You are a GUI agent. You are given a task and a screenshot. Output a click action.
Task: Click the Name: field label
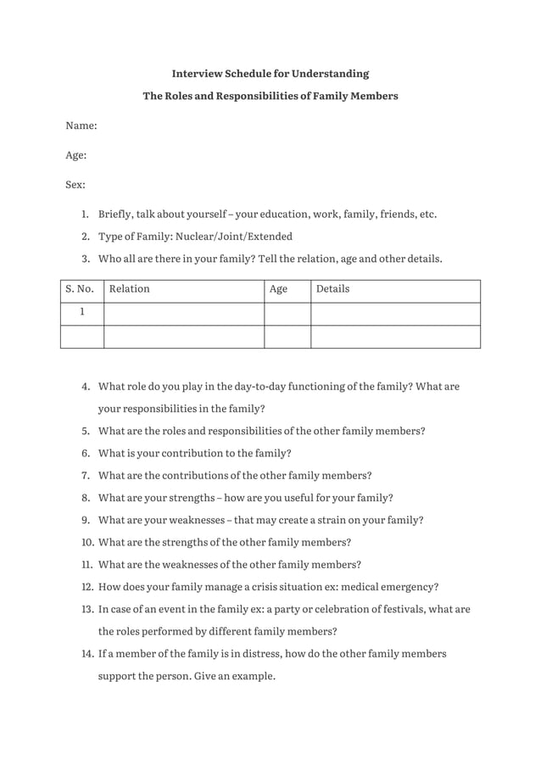coord(81,126)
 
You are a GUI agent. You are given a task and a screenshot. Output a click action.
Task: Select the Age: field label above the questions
coord(76,155)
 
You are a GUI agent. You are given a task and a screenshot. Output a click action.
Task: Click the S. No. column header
coord(80,289)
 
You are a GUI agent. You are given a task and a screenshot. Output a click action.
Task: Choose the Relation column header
coord(130,289)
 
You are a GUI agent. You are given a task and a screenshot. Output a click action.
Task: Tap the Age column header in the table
coord(278,289)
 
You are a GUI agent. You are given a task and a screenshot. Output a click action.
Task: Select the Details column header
coord(332,289)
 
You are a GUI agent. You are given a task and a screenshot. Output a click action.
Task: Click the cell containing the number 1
coord(82,312)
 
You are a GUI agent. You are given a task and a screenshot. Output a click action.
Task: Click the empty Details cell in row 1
coord(395,313)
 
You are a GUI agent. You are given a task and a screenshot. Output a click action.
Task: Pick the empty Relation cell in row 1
coord(184,313)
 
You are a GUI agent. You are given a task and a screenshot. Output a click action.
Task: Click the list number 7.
coord(86,475)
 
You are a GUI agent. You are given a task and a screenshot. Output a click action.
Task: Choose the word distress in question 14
coord(240,654)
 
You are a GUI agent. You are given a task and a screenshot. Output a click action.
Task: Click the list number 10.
coord(86,543)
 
